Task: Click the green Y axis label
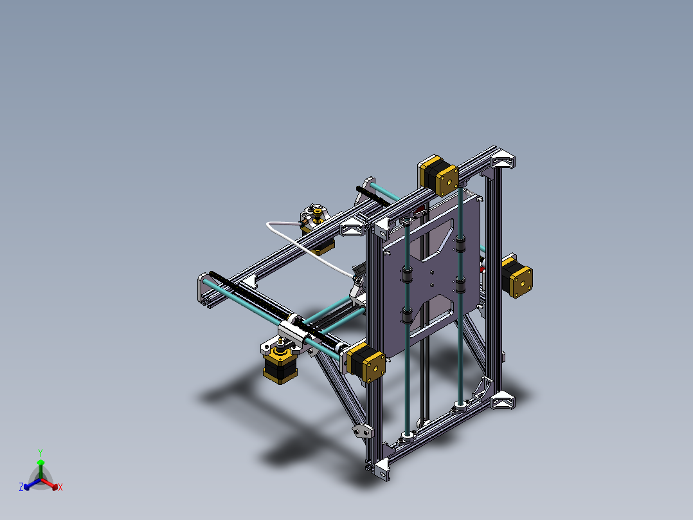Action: (40, 452)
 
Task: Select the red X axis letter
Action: (60, 488)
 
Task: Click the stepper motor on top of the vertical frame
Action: (438, 175)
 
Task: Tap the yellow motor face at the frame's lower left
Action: (374, 367)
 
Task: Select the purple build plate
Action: (432, 270)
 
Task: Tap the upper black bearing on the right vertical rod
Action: (460, 243)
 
